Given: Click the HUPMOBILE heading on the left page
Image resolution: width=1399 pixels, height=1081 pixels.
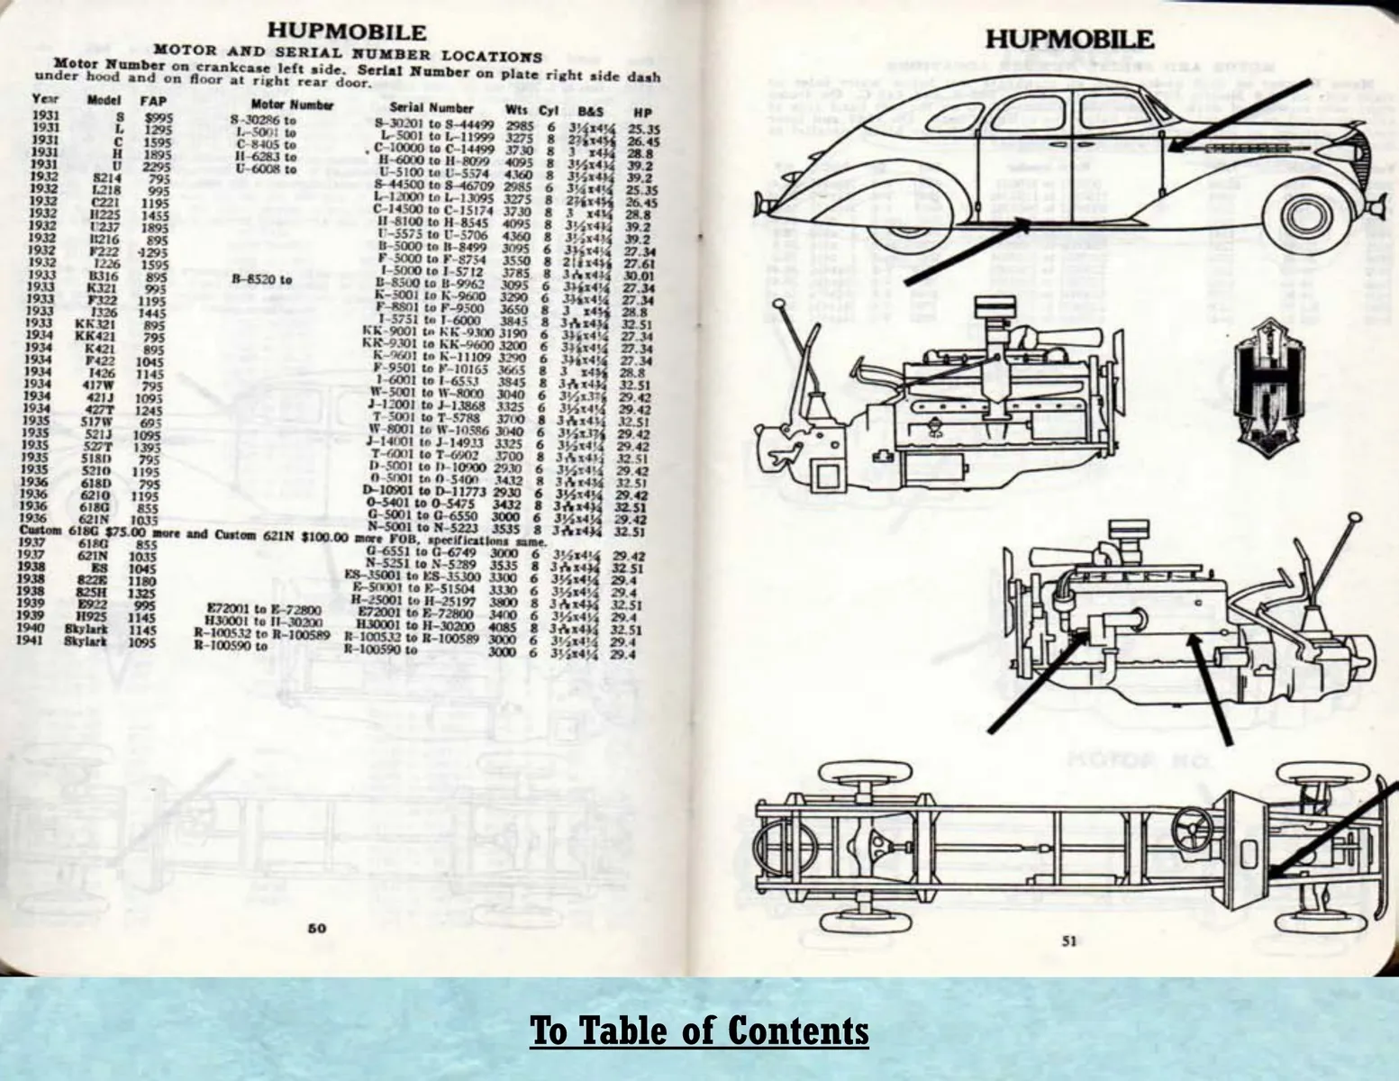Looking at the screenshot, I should [x=347, y=32].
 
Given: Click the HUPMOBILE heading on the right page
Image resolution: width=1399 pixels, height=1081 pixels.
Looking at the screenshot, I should [x=1068, y=40].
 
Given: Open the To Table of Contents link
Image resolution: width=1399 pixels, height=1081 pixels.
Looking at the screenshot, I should [x=699, y=1030].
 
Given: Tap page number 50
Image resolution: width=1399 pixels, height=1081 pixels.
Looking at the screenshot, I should [x=317, y=929].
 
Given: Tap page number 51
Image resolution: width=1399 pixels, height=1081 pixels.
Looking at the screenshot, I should [x=1069, y=941].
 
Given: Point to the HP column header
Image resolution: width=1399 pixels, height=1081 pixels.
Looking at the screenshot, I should [x=641, y=113].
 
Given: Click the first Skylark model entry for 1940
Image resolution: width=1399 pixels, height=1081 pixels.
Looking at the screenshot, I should [x=86, y=630].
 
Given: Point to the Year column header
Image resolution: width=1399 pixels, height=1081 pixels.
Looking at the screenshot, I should [x=44, y=98].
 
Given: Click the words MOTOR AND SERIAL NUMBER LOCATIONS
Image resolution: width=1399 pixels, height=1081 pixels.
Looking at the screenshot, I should [x=348, y=53].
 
